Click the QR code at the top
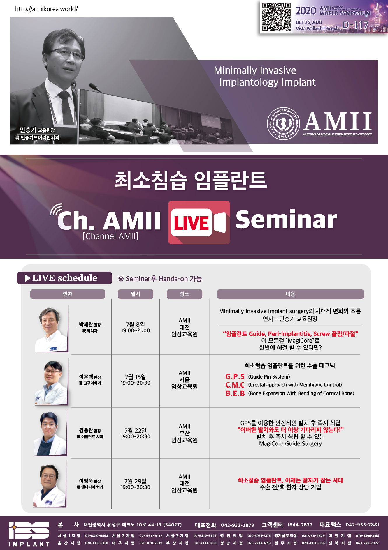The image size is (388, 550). pos(276,17)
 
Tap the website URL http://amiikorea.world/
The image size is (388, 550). pos(46,9)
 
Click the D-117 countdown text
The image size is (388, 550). pos(356,25)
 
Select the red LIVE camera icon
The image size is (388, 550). pos(199,222)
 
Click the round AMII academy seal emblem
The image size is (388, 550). pos(283,123)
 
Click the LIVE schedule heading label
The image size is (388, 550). pos(64,278)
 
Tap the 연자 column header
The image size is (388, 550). pos(68,294)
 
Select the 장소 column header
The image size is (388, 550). pos(185,294)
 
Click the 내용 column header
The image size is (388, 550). pos(290,294)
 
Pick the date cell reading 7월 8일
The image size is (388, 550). pos(136,324)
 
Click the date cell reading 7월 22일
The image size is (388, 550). pos(136,430)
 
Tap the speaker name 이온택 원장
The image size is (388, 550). pos(90,377)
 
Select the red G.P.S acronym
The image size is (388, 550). pos(235,376)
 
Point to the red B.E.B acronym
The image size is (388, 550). pos(235,393)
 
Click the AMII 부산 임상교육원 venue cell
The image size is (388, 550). pos(185,433)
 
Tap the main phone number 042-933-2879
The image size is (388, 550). pos(238,525)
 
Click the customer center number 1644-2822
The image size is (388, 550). pos(300,525)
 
